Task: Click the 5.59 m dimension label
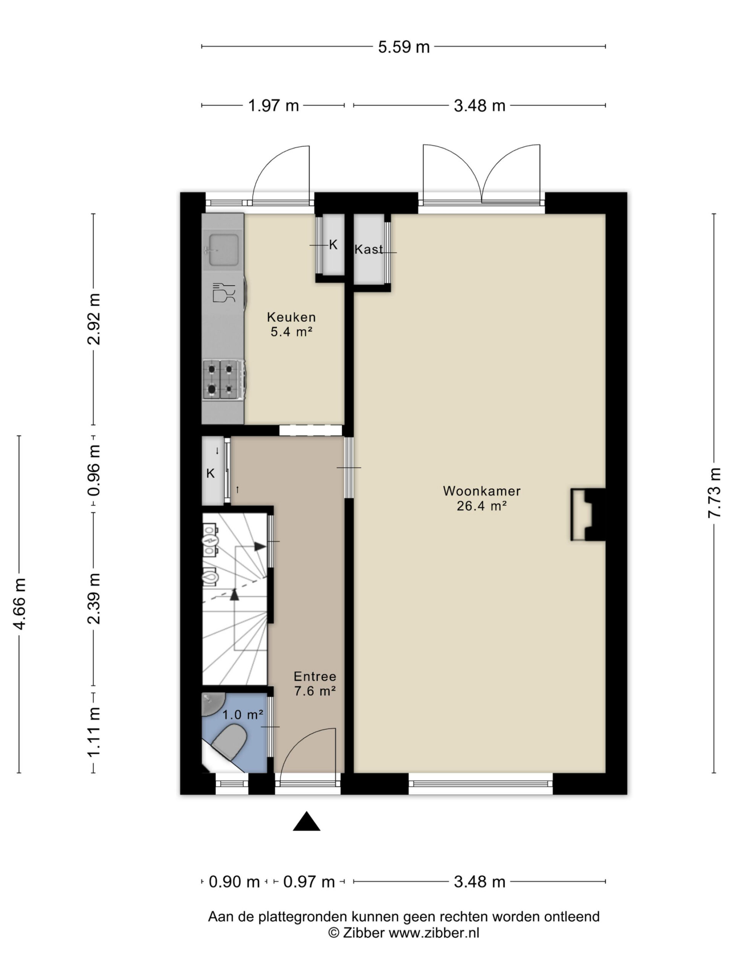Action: click(404, 47)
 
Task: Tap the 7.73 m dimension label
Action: click(714, 492)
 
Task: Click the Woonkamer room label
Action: click(481, 491)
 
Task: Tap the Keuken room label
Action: click(291, 317)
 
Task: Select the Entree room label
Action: click(315, 677)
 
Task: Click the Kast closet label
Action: click(368, 249)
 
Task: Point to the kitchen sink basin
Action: click(224, 250)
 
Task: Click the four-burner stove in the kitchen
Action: click(224, 379)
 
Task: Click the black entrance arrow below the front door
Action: click(307, 822)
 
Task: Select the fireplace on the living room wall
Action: click(588, 514)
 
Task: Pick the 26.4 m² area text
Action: click(481, 506)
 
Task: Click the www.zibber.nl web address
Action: click(434, 933)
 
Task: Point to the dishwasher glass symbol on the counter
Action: click(224, 293)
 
